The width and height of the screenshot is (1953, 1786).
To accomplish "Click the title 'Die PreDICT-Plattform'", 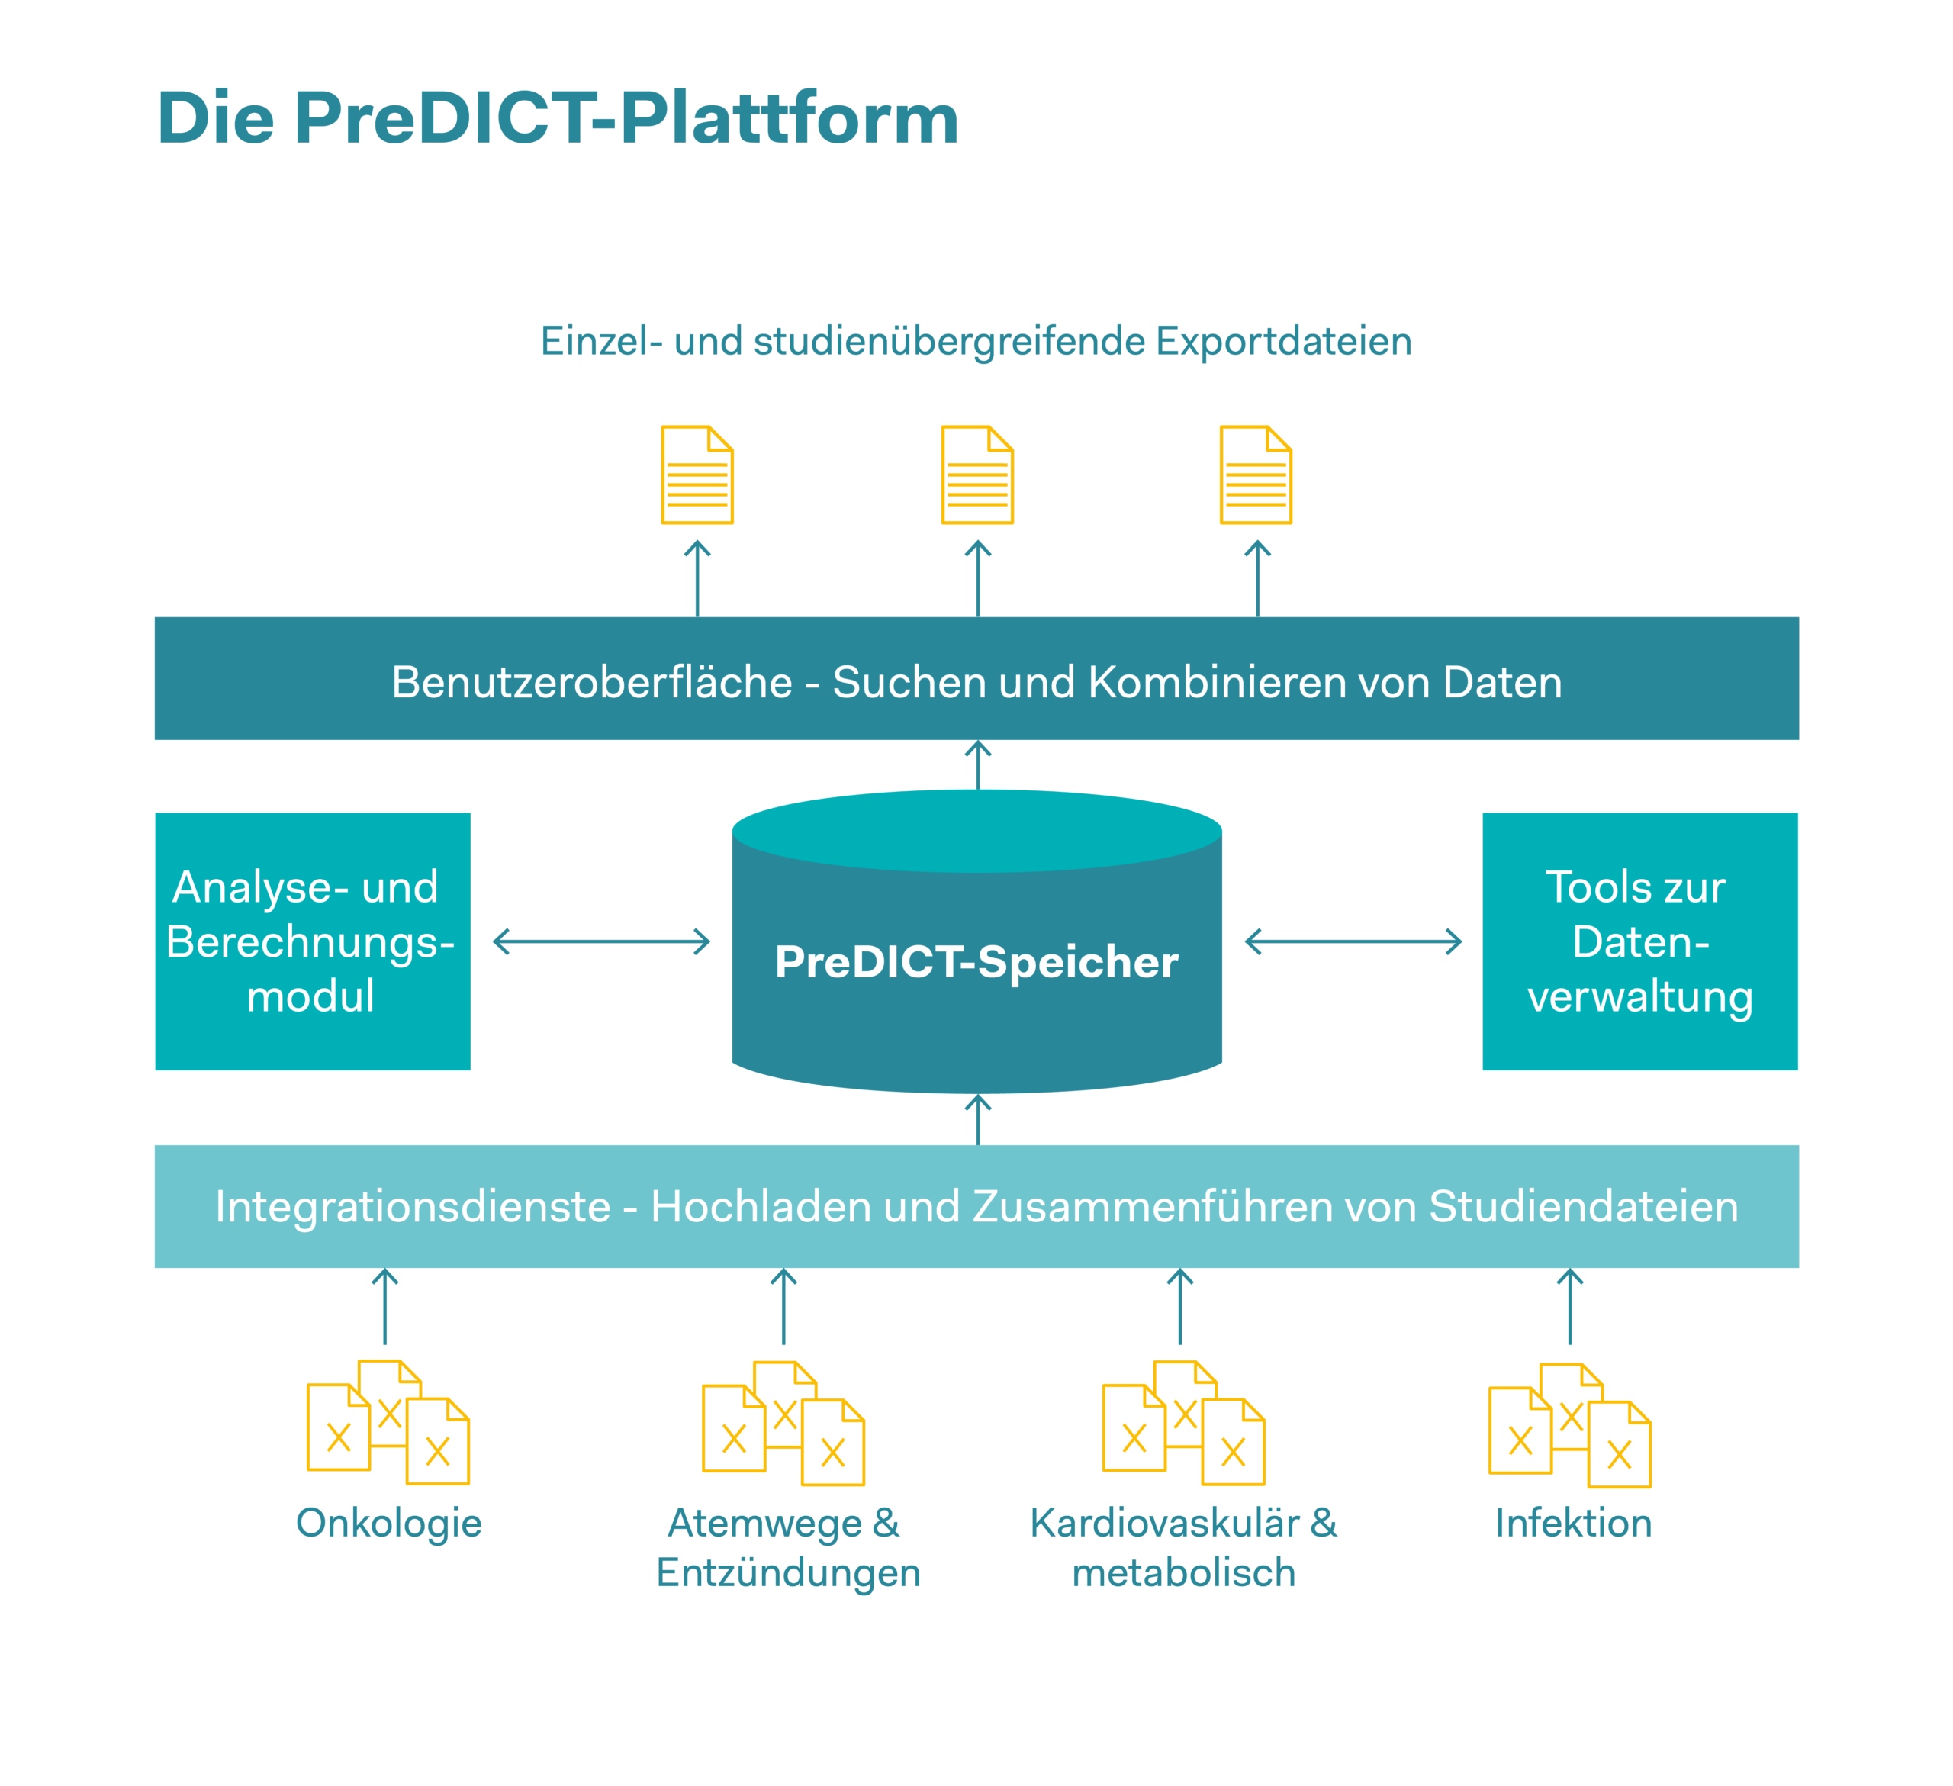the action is pyautogui.click(x=558, y=118).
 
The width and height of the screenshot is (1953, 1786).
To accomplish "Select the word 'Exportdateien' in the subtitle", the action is pyautogui.click(x=1284, y=341).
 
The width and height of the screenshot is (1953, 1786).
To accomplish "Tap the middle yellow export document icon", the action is pyautogui.click(x=977, y=475).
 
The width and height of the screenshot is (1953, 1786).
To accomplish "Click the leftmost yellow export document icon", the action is pyautogui.click(x=697, y=475).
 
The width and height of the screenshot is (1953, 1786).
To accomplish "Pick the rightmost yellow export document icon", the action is pyautogui.click(x=1256, y=475).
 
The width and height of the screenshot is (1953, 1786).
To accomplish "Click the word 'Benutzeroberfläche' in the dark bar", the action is pyautogui.click(x=592, y=682).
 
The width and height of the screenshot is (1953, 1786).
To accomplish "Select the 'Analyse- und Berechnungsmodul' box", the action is pyautogui.click(x=313, y=941).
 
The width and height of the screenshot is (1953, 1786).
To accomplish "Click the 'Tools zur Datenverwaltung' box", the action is pyautogui.click(x=1640, y=941).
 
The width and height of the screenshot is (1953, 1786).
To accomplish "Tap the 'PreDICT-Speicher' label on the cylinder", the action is pyautogui.click(x=976, y=962).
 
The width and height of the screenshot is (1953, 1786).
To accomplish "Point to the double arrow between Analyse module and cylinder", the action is pyautogui.click(x=602, y=941).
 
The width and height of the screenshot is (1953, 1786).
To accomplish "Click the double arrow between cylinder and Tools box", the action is pyautogui.click(x=1353, y=941).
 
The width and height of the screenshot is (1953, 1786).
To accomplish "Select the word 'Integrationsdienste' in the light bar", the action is pyautogui.click(x=413, y=1207).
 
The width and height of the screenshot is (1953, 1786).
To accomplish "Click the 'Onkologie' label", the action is pyautogui.click(x=388, y=1524).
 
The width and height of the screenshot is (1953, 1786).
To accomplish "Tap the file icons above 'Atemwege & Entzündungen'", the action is pyautogui.click(x=783, y=1423).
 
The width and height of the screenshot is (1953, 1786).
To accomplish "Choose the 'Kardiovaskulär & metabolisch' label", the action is pyautogui.click(x=1184, y=1548).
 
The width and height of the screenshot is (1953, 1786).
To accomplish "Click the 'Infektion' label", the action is pyautogui.click(x=1573, y=1524).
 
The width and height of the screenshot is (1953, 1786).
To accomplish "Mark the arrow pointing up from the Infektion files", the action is pyautogui.click(x=1570, y=1307).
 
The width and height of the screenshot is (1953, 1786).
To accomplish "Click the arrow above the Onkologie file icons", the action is pyautogui.click(x=385, y=1307).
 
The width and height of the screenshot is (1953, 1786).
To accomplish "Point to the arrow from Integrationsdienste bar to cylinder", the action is pyautogui.click(x=979, y=1121).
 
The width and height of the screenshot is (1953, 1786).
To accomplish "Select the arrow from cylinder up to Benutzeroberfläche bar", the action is pyautogui.click(x=979, y=765).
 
